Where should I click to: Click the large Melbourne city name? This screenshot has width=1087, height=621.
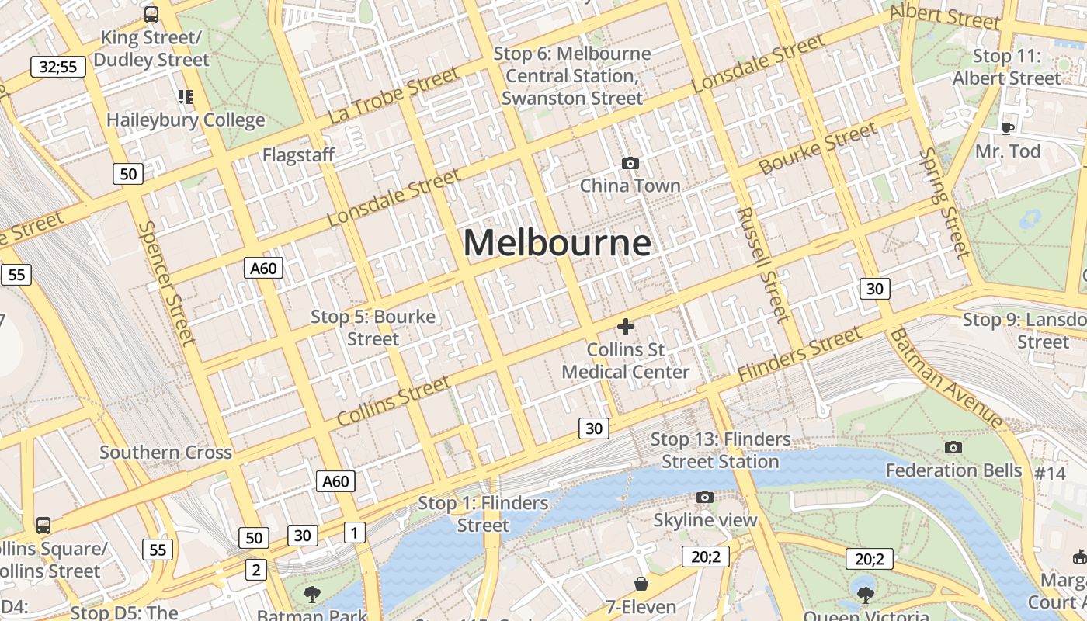[x=557, y=243]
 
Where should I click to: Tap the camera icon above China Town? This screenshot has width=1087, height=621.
[x=630, y=163]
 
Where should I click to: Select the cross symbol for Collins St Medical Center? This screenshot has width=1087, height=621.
[x=625, y=327]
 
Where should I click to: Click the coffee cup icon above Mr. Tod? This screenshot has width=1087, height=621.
[x=1008, y=128]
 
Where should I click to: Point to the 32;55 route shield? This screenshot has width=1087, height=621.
[x=58, y=67]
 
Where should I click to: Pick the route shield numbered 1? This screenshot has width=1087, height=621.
[x=354, y=533]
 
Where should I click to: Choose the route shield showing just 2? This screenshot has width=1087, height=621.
[x=255, y=570]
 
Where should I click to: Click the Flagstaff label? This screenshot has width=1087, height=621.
[x=298, y=155]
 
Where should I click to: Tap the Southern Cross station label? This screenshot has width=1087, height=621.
[x=165, y=453]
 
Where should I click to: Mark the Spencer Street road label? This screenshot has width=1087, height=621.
[x=165, y=283]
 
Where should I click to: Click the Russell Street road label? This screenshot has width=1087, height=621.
[x=764, y=264]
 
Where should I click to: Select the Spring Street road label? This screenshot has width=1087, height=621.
[x=944, y=202]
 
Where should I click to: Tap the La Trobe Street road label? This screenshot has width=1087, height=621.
[x=394, y=95]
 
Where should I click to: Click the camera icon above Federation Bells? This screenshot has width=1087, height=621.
[x=953, y=447]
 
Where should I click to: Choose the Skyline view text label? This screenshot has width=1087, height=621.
[x=705, y=520]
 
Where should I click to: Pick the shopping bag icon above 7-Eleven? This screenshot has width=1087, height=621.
[x=641, y=583]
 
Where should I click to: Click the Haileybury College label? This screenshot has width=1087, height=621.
[x=186, y=120]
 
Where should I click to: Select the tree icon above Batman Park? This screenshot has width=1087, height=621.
[x=312, y=595]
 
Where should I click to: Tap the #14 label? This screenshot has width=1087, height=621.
[x=1051, y=473]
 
